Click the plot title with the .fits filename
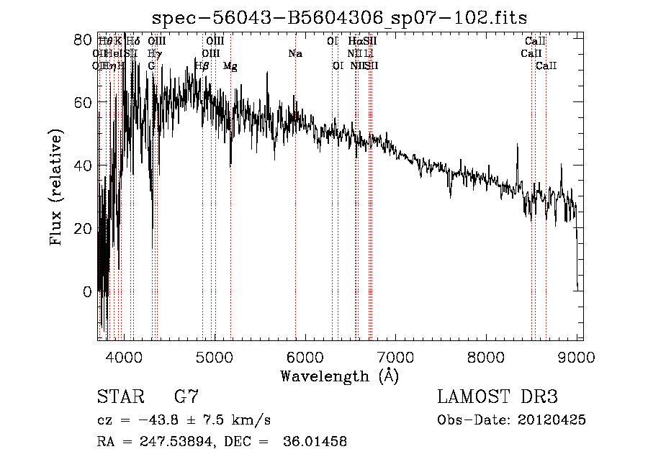344,17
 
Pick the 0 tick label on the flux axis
87,291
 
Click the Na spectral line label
294,53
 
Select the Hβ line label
202,65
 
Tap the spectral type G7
186,396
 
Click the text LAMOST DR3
497,396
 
